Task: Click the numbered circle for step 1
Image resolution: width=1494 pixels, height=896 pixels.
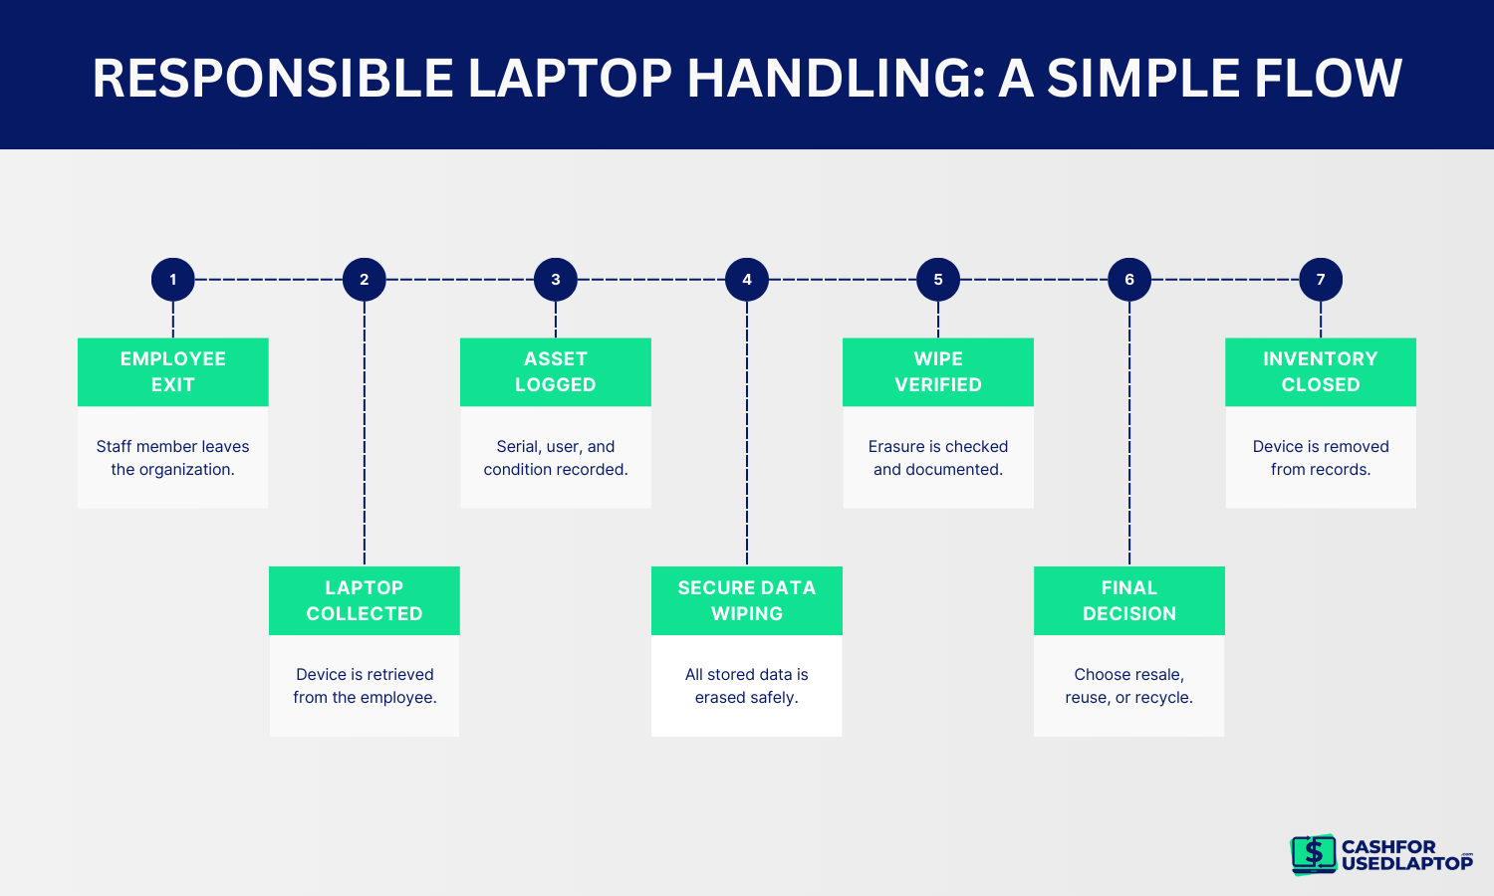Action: [x=173, y=280]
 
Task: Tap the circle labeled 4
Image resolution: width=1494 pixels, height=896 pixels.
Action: [x=747, y=280]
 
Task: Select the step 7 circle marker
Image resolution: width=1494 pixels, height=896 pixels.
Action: [x=1321, y=280]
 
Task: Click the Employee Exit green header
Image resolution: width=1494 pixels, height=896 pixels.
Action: [x=173, y=372]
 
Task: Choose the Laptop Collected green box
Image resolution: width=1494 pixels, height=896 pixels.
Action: [x=365, y=601]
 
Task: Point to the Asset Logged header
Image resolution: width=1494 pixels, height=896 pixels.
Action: [x=556, y=372]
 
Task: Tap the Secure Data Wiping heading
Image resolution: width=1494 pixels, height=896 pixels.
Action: [x=747, y=601]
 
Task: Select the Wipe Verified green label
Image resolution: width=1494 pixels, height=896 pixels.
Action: [x=938, y=372]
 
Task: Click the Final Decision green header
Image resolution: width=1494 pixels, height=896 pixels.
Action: [x=1129, y=601]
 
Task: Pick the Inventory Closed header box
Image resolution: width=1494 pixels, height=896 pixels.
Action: [x=1321, y=372]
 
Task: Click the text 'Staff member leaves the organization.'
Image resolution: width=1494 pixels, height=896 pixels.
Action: [x=173, y=458]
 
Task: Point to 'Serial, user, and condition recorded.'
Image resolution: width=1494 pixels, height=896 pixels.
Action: [x=556, y=458]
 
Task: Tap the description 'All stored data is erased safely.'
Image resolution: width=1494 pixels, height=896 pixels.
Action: [x=747, y=686]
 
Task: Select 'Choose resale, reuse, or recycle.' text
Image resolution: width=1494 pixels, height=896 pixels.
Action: [x=1129, y=686]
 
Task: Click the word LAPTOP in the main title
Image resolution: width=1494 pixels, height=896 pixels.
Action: [x=570, y=79]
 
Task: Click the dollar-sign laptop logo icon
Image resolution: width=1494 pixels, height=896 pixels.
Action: [x=1314, y=854]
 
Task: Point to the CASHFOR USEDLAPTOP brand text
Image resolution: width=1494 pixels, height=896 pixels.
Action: [x=1405, y=855]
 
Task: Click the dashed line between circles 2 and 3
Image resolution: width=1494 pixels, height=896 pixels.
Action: [x=460, y=280]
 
